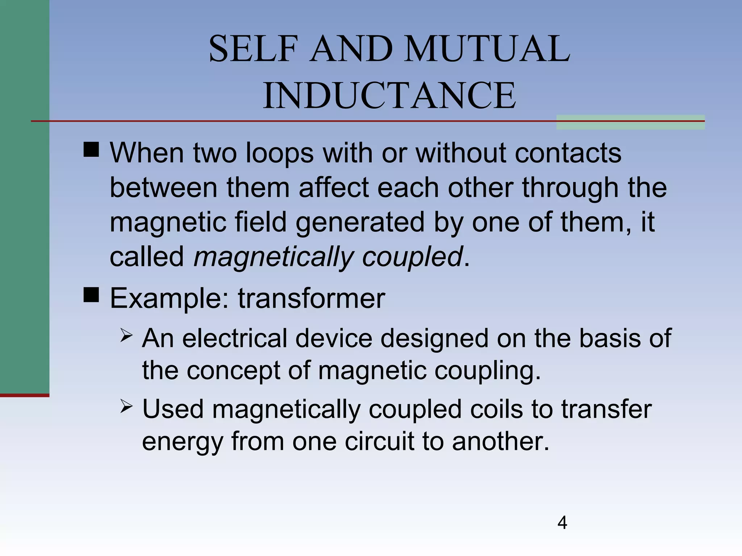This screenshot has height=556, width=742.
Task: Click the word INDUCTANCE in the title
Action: [389, 95]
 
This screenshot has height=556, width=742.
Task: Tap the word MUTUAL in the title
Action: [487, 49]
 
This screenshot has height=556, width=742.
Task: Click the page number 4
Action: [562, 523]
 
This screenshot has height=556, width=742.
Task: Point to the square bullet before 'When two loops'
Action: [91, 149]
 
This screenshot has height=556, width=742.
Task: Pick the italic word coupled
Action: [412, 257]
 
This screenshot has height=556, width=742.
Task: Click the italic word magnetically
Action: [274, 257]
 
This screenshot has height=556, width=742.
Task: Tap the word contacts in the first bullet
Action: [568, 153]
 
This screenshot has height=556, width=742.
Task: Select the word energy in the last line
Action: [182, 441]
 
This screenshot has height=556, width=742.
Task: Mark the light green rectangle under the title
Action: [630, 122]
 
